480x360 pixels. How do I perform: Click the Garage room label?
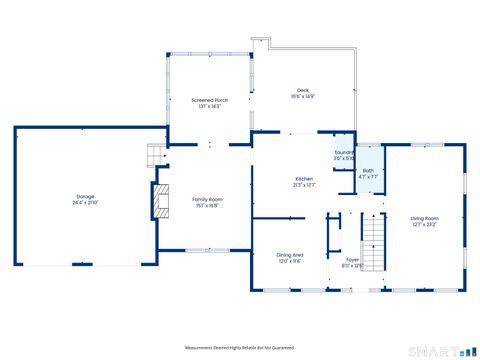[85, 197]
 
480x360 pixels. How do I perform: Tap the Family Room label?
[208, 199]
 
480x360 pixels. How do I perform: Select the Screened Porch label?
[209, 100]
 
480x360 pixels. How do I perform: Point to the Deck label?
[303, 91]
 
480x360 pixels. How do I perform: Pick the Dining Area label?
[290, 255]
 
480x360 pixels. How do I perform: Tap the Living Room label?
[425, 218]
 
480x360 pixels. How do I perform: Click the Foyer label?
[353, 260]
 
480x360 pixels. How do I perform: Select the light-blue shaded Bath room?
[369, 172]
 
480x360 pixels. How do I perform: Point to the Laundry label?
[343, 152]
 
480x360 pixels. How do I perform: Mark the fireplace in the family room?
[158, 201]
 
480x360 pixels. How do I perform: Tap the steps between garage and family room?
[155, 156]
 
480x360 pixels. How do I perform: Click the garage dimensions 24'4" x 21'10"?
[85, 203]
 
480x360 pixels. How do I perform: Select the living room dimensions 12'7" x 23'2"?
[425, 224]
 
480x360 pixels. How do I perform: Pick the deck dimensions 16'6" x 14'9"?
[303, 97]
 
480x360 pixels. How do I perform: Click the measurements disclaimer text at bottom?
[240, 347]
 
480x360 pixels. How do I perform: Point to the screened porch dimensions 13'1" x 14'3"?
[209, 106]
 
